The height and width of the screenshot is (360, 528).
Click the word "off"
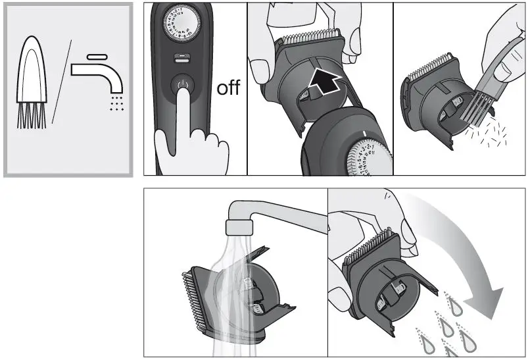[228, 88]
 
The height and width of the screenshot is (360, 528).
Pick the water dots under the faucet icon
[116, 103]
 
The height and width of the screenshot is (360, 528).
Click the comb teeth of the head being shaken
[370, 243]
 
